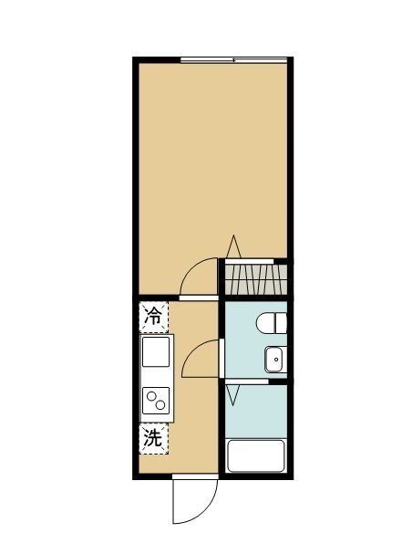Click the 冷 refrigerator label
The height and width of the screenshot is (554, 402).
click(154, 318)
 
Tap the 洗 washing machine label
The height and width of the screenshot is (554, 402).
click(154, 439)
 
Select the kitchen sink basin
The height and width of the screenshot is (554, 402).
click(155, 351)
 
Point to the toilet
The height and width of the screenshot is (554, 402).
click(271, 323)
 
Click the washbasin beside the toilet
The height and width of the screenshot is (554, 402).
click(274, 361)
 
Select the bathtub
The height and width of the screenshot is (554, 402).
click(257, 455)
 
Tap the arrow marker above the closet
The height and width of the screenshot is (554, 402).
click(233, 246)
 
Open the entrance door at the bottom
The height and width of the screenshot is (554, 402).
click(192, 500)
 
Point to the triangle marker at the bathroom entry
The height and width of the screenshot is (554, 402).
click(233, 395)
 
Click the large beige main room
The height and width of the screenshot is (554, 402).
click(214, 155)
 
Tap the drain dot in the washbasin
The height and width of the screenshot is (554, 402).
click(273, 361)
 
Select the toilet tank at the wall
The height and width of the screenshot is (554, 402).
click(283, 323)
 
